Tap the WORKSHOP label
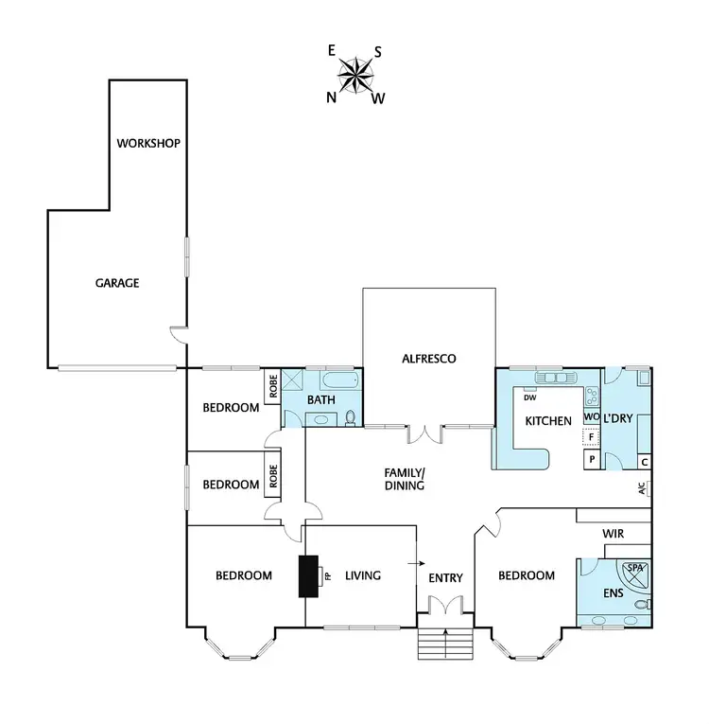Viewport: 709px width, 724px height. point(147,144)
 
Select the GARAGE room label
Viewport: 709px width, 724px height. point(117,282)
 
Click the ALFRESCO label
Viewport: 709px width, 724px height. point(429,359)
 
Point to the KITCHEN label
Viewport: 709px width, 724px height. point(548,420)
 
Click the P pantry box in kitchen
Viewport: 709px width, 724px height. point(592,459)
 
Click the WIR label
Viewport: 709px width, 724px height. point(614,534)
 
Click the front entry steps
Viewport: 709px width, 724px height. point(443,645)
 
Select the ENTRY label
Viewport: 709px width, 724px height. point(444,577)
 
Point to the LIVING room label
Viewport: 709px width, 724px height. point(362,575)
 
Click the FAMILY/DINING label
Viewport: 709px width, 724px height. point(404,479)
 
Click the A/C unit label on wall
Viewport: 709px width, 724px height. point(642,489)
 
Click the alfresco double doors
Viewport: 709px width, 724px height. point(427,434)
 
